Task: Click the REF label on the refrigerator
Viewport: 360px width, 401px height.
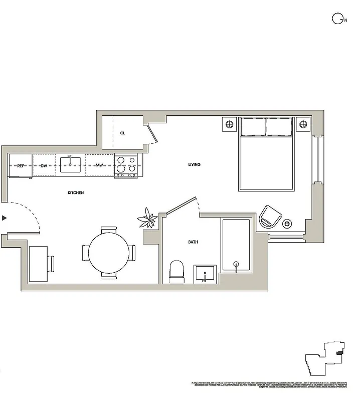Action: point(21,165)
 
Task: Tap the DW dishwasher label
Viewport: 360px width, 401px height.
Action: point(44,165)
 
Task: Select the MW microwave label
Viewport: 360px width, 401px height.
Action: point(100,165)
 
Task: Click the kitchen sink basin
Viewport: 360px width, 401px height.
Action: point(71,164)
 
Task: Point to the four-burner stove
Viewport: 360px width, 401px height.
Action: point(126,165)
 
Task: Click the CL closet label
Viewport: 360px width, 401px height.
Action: point(122,133)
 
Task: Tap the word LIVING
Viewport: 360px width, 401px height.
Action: point(194,164)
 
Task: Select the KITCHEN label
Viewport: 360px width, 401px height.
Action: point(76,193)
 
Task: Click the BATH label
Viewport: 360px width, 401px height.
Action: point(193,242)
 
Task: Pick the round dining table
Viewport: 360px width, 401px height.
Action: point(109,253)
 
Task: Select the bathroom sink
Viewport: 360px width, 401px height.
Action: point(204,274)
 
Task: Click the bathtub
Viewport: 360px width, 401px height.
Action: point(236,246)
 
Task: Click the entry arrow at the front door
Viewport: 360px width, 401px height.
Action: point(5,218)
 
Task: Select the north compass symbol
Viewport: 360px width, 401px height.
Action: point(337,19)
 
